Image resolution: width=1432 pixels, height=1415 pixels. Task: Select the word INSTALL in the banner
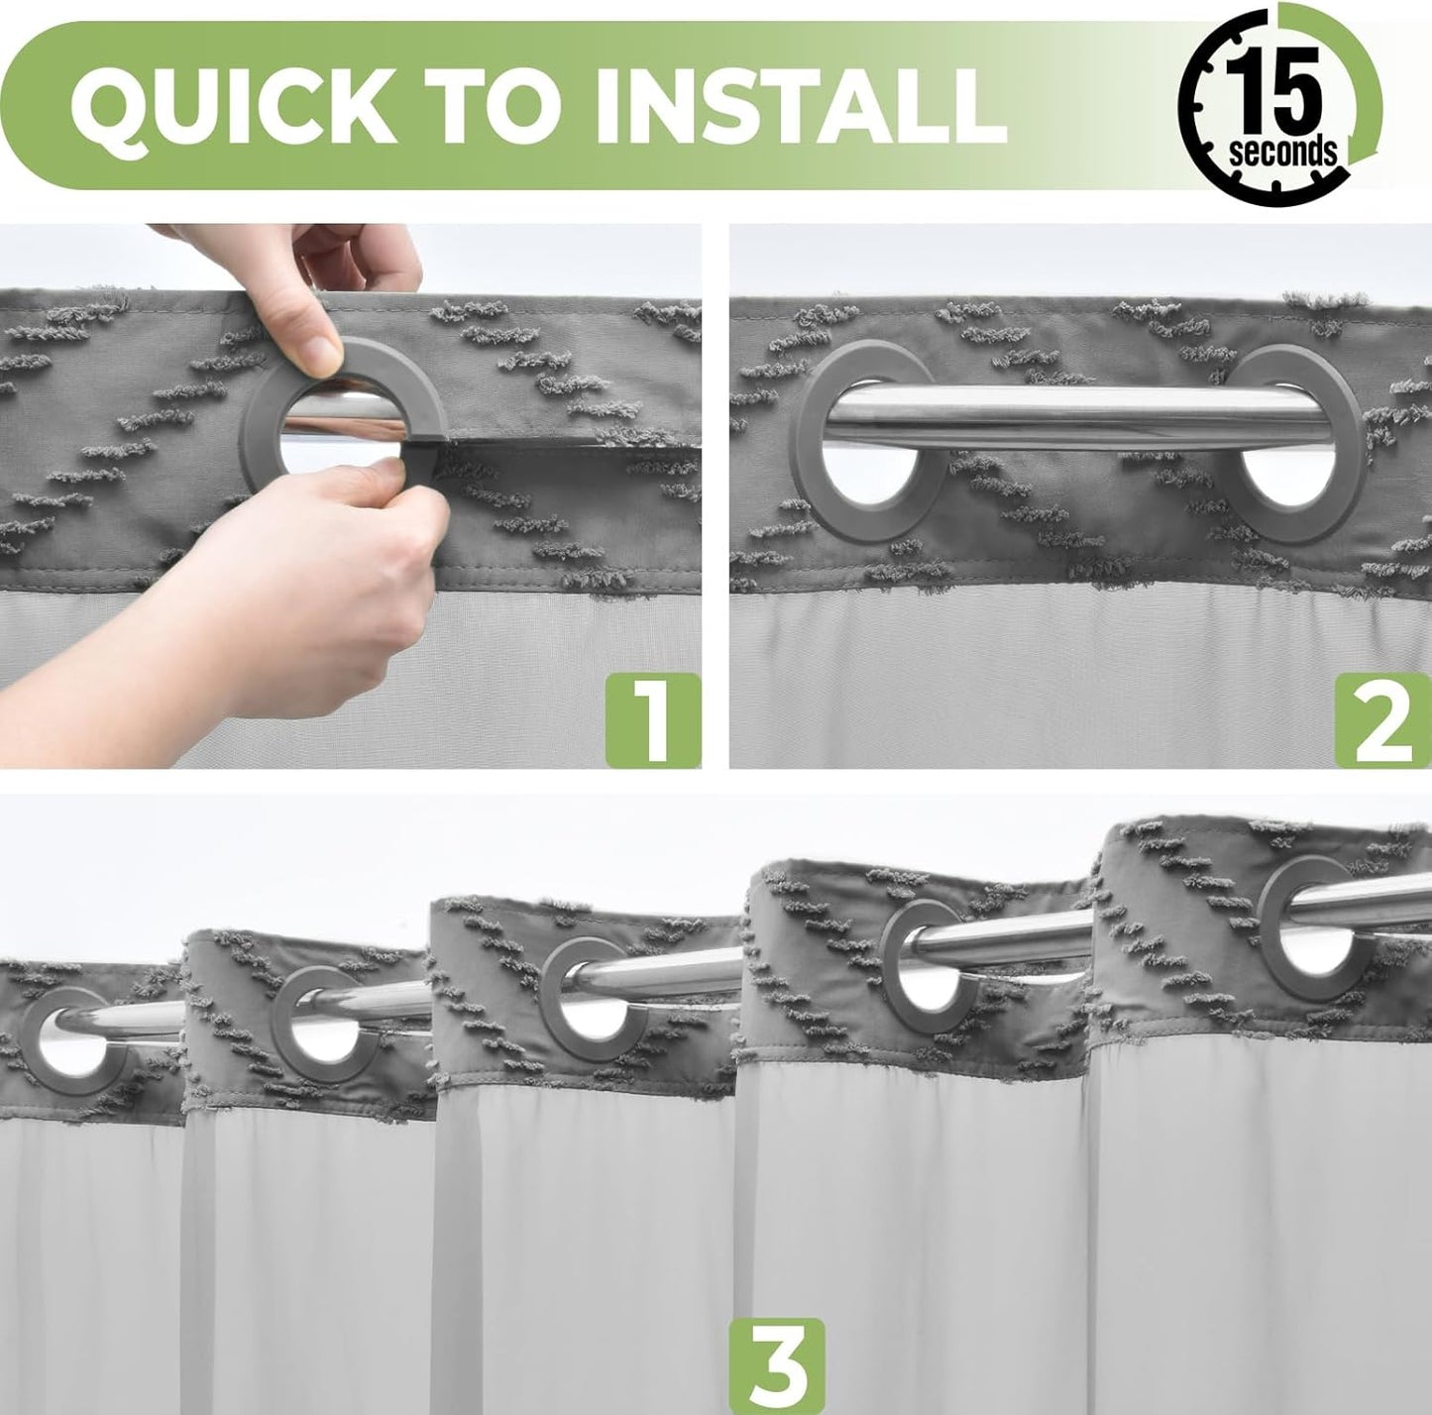pos(806,106)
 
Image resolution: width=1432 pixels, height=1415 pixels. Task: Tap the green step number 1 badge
pos(652,719)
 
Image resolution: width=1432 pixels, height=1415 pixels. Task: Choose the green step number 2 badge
pos(1383,719)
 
